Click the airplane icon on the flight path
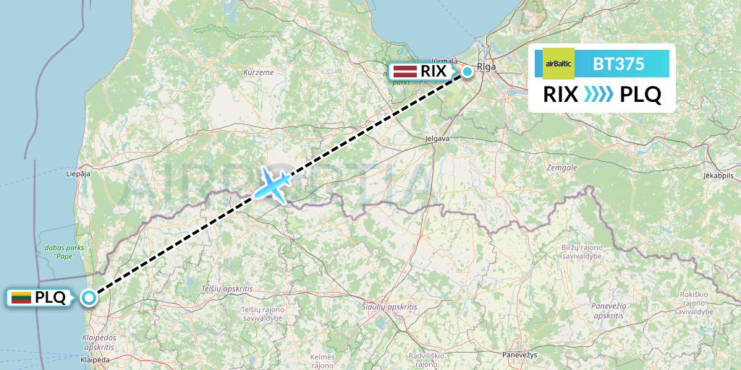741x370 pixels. pos(272,184)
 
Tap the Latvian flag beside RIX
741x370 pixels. pos(404,72)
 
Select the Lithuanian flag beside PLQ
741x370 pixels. pos(21,297)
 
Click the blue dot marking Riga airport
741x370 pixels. pos(468,71)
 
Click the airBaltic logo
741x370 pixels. pos(558,64)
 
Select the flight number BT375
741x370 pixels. pos(618,64)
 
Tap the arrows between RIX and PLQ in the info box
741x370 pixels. pos(598,94)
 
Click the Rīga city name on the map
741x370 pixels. pos(486,66)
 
